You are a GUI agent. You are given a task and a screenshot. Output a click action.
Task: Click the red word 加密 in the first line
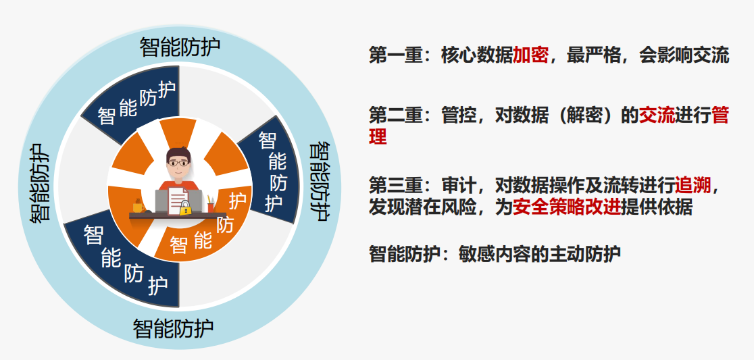[x=530, y=56]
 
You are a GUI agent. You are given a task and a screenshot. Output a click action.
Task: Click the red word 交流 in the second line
[x=657, y=115]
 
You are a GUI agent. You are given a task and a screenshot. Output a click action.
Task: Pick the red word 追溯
[x=693, y=185]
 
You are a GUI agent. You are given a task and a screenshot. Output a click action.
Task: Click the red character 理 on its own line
[x=378, y=136]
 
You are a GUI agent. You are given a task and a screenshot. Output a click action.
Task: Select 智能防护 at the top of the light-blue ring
[x=180, y=47]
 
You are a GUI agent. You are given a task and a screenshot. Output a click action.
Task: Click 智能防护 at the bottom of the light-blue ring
[x=173, y=329]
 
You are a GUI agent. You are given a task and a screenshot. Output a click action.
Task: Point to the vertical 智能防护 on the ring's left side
[x=40, y=182]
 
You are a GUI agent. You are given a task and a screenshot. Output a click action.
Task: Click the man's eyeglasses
[x=178, y=163]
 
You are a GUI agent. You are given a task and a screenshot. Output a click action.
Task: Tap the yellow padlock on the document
[x=184, y=208]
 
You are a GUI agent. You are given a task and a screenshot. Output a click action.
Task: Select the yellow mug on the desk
[x=138, y=206]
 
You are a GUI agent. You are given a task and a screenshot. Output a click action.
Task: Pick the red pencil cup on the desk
[x=211, y=207]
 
